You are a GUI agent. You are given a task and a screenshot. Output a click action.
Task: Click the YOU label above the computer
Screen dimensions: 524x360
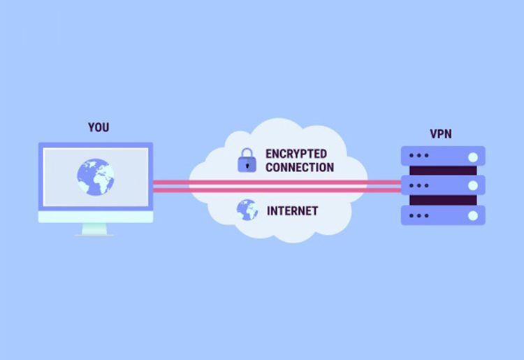pyautogui.click(x=99, y=127)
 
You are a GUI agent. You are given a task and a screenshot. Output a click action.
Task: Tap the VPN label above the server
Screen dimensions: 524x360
pyautogui.click(x=441, y=134)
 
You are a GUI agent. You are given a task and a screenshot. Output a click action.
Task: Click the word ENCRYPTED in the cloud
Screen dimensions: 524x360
pyautogui.click(x=296, y=154)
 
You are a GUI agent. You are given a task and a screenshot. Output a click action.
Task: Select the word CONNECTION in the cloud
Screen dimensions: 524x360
pyautogui.click(x=300, y=167)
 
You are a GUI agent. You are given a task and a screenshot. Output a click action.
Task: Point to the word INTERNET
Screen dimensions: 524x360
pyautogui.click(x=293, y=211)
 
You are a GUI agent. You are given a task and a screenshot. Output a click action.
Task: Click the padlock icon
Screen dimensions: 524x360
pyautogui.click(x=247, y=161)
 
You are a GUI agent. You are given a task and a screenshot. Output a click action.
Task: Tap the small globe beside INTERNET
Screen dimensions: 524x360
pyautogui.click(x=247, y=210)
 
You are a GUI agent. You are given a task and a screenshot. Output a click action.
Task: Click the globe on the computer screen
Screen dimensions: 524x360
pyautogui.click(x=96, y=177)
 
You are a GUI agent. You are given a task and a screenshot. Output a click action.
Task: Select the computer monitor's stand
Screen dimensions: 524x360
pyautogui.click(x=94, y=230)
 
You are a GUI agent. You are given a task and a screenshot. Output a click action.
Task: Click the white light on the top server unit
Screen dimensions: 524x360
pyautogui.click(x=473, y=157)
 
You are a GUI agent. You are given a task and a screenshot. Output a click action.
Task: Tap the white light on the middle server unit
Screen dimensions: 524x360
pyautogui.click(x=473, y=185)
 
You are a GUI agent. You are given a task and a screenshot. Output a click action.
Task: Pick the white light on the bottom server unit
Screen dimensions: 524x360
pyautogui.click(x=473, y=215)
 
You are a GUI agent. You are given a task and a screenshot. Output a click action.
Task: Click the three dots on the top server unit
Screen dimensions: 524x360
pyautogui.click(x=419, y=155)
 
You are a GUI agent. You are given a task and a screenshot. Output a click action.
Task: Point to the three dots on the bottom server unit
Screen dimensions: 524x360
pyautogui.click(x=419, y=215)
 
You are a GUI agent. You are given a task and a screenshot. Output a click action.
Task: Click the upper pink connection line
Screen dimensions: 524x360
pyautogui.click(x=277, y=182)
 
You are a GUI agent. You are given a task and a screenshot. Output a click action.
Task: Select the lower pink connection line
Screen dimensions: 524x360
pyautogui.click(x=277, y=191)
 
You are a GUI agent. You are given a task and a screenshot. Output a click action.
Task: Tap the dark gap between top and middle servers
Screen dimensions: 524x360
pyautogui.click(x=443, y=171)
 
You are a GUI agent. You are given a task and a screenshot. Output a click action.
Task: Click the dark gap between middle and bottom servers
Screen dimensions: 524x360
pyautogui.click(x=443, y=200)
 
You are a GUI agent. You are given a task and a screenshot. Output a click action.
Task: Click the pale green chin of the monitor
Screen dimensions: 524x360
pyautogui.click(x=96, y=217)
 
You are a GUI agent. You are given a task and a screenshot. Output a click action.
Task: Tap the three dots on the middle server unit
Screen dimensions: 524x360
pyautogui.click(x=419, y=185)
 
